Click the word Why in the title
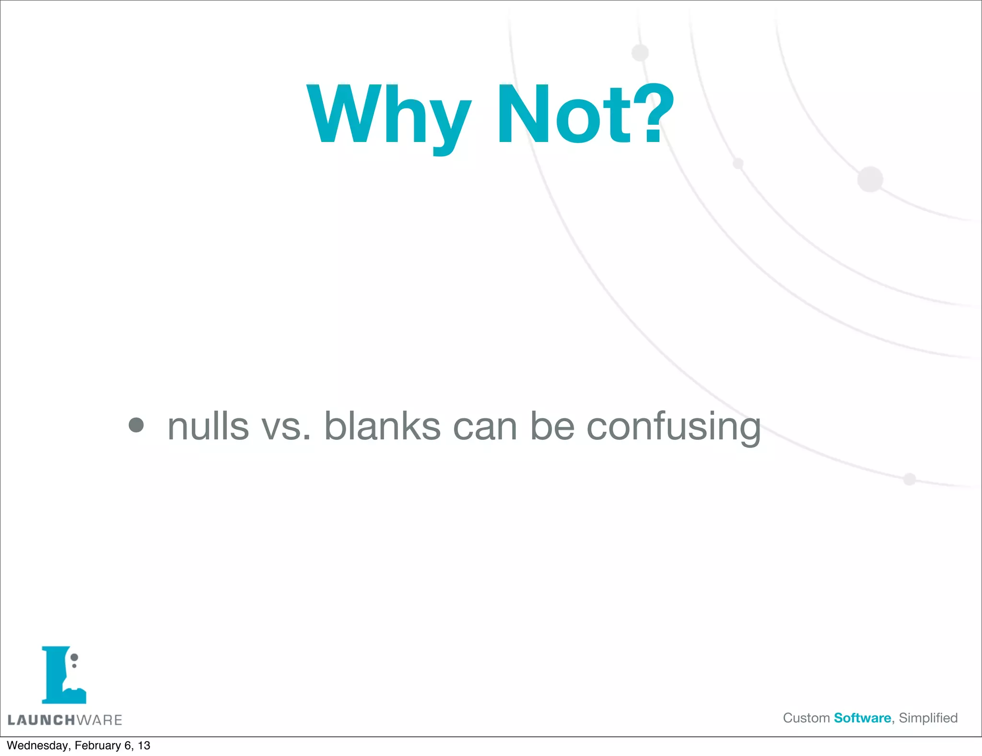tap(388, 115)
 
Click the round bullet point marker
tap(136, 425)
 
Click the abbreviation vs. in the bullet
tap(286, 427)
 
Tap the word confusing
tap(673, 427)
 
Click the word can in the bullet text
tap(485, 427)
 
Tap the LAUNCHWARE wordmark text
tap(65, 720)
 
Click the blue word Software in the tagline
tap(862, 718)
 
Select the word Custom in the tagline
tap(806, 718)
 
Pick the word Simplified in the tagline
tap(928, 718)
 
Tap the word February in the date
tap(97, 745)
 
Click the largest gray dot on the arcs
tap(870, 179)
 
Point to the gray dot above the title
tap(640, 53)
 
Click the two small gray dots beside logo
tap(74, 661)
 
